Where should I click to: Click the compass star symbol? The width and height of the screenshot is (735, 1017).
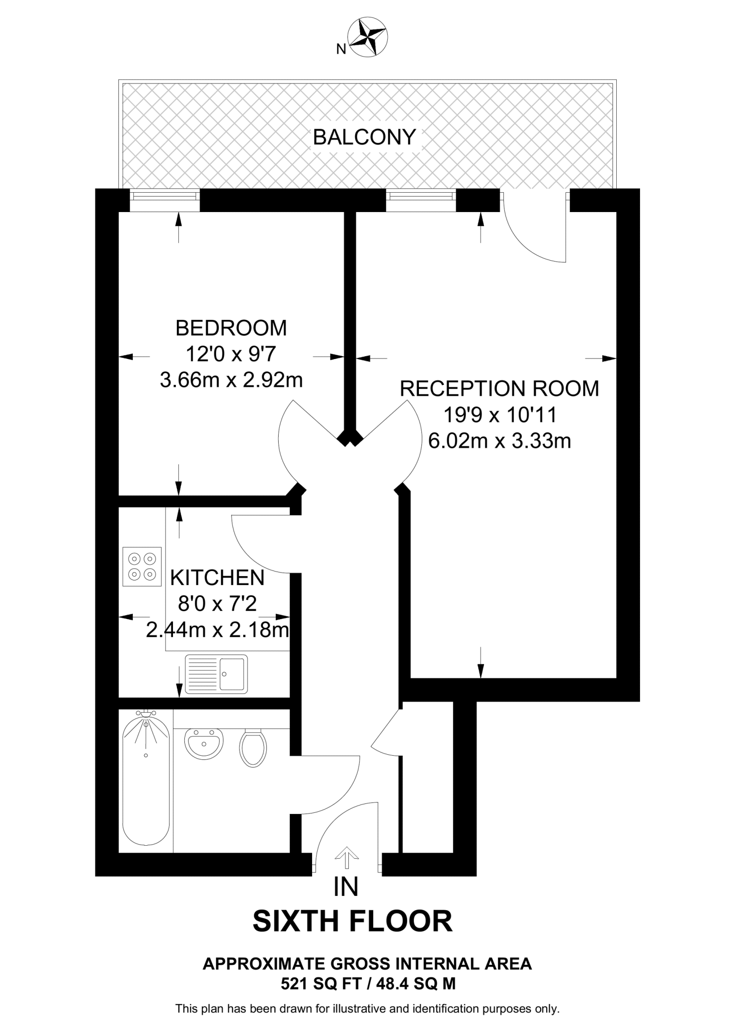369,37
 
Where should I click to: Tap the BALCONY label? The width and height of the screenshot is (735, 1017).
364,137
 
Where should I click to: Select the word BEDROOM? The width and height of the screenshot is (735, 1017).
231,328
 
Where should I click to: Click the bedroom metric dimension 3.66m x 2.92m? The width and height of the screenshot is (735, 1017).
231,380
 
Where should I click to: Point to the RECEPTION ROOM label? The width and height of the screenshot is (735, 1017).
499,389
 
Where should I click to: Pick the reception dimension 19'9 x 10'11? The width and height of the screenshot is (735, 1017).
499,415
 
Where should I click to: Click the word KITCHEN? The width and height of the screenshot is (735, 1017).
217,578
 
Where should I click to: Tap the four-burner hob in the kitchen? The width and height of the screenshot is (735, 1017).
142,567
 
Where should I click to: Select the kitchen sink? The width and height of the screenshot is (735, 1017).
216,674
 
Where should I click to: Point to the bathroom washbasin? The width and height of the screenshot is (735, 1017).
204,743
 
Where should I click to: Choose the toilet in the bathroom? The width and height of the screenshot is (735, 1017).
253,747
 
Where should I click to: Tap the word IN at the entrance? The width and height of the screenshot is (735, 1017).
346,887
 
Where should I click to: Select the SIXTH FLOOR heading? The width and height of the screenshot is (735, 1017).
352,922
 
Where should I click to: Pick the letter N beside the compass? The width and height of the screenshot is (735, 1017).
341,49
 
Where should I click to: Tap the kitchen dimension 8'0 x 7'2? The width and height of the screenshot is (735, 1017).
217,604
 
